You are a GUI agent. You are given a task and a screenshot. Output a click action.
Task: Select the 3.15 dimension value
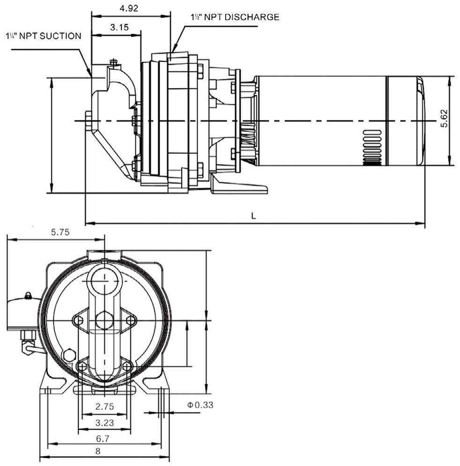(119, 27)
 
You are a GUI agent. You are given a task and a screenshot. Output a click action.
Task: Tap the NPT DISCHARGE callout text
(235, 17)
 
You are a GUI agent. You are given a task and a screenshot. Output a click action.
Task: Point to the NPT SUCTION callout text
(43, 36)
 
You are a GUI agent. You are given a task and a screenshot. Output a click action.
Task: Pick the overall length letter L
(253, 216)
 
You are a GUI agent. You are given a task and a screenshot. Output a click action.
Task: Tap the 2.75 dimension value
(104, 406)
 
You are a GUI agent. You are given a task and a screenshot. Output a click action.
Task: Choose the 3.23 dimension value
(104, 422)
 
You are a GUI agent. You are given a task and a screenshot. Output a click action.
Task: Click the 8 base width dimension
(98, 451)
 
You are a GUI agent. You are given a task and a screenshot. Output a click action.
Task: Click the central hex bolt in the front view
(104, 320)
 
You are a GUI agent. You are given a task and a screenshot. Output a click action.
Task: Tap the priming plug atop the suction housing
(113, 62)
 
